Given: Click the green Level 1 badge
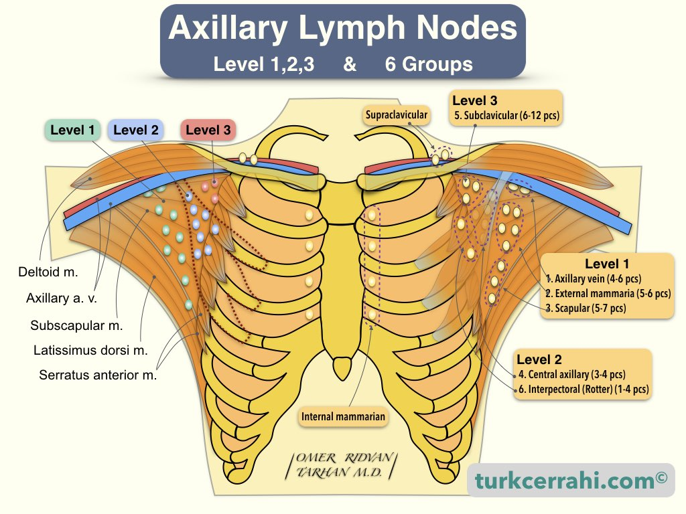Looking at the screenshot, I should pyautogui.click(x=73, y=130).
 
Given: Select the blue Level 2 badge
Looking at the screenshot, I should pyautogui.click(x=136, y=130).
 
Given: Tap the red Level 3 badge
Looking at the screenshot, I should pyautogui.click(x=208, y=130).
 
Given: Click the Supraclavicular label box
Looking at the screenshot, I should pyautogui.click(x=396, y=115).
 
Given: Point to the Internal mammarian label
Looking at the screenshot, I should pyautogui.click(x=344, y=416).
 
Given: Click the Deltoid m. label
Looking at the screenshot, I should pyautogui.click(x=48, y=272).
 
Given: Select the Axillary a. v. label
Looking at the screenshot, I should pyautogui.click(x=62, y=298).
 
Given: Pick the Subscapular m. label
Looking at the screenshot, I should pyautogui.click(x=76, y=326).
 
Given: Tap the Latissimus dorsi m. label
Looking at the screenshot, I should pyautogui.click(x=90, y=350).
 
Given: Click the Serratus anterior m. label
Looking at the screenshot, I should pyautogui.click(x=98, y=375).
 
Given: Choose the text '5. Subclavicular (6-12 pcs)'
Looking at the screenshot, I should pyautogui.click(x=506, y=115).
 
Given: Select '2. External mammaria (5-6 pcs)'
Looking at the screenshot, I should pyautogui.click(x=608, y=293).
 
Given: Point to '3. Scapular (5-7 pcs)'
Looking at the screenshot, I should pyautogui.click(x=586, y=308).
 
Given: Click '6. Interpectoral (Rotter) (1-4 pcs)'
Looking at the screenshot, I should pyautogui.click(x=583, y=389).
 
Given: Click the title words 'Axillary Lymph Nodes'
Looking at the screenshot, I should pyautogui.click(x=342, y=29).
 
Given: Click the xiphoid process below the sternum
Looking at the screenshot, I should pyautogui.click(x=342, y=367).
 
